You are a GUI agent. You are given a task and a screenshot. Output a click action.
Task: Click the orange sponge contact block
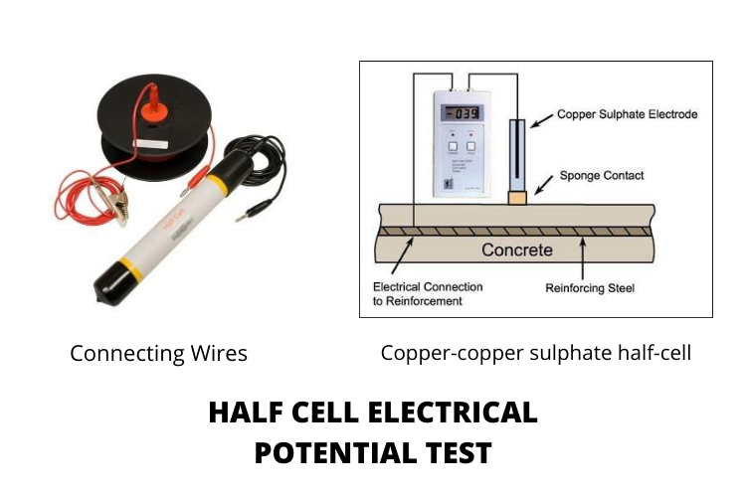pyautogui.click(x=517, y=198)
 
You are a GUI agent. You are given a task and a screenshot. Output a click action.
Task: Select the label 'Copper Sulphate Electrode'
pyautogui.click(x=627, y=114)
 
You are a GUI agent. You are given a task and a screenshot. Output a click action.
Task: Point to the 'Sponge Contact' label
pyautogui.click(x=602, y=176)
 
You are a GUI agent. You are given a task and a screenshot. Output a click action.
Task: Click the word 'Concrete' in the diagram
pyautogui.click(x=516, y=249)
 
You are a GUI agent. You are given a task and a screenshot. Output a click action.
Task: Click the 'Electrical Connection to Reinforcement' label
pyautogui.click(x=422, y=293)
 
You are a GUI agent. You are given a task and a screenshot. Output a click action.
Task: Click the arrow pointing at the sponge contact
pyautogui.click(x=546, y=182)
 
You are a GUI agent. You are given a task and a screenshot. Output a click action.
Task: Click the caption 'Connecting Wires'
pyautogui.click(x=158, y=354)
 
